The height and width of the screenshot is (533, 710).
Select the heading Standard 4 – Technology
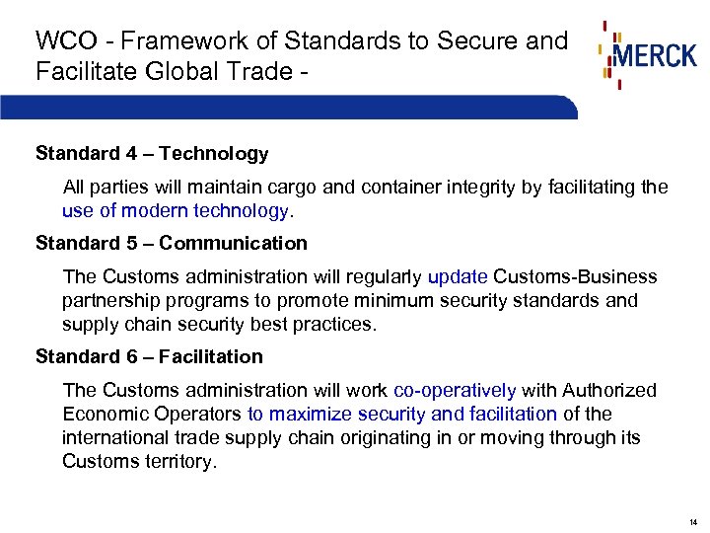point(152,154)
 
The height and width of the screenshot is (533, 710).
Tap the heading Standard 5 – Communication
point(172,243)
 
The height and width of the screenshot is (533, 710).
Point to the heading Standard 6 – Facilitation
point(149,356)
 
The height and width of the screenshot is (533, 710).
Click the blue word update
point(457,277)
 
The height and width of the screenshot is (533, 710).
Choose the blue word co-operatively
point(454,391)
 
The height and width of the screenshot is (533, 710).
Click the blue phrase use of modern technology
point(175,210)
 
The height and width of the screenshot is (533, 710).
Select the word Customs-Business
point(574,277)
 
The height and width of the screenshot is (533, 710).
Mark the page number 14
point(693,521)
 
